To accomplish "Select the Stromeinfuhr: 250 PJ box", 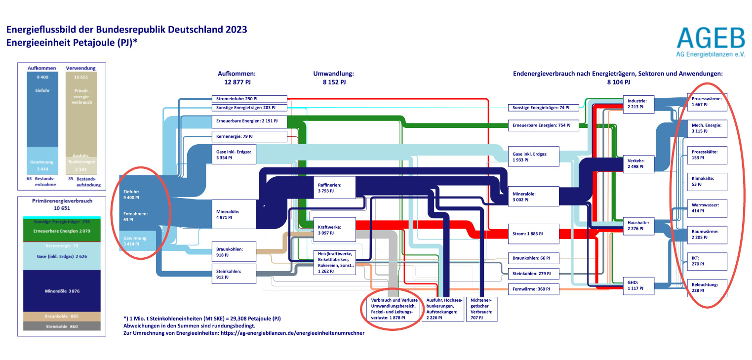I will (249, 99).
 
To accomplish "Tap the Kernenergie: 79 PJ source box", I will (249, 136).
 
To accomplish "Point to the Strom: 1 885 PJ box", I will (534, 234).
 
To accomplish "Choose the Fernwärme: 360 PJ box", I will (534, 289).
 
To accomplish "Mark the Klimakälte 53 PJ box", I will (707, 181).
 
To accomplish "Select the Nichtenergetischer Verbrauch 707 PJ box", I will (482, 309).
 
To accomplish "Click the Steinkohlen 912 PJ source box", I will (234, 274).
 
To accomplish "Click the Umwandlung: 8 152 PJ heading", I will (334, 78).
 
